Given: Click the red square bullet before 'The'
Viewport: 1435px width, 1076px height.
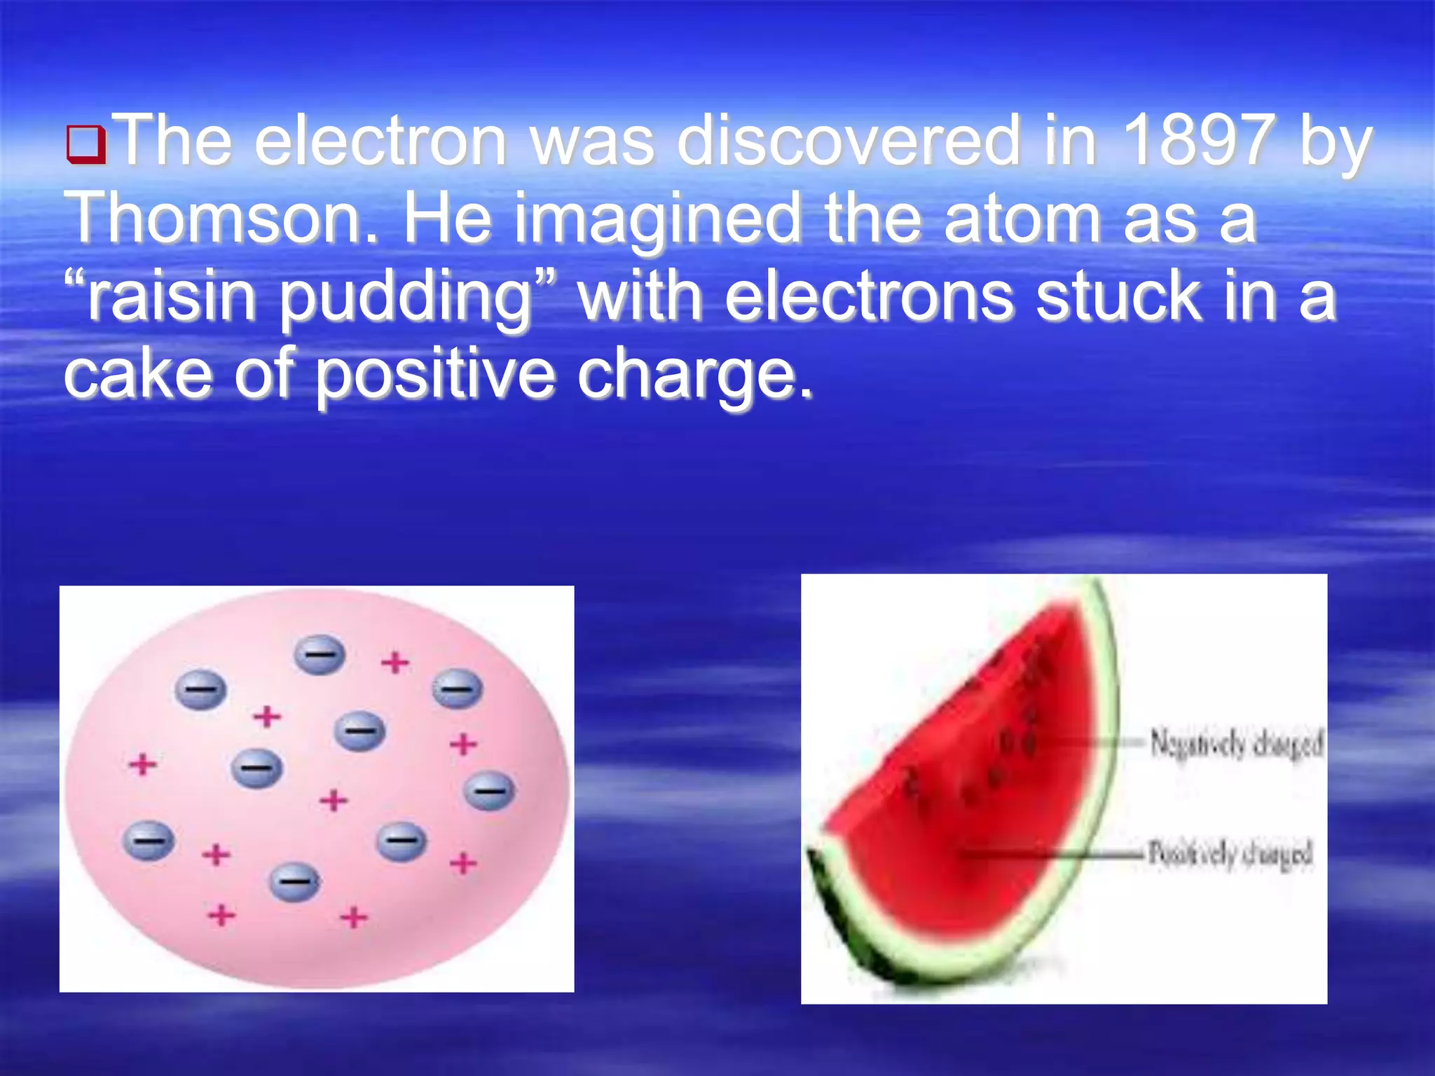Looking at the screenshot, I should tap(86, 144).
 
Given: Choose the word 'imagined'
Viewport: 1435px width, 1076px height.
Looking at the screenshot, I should tap(657, 221).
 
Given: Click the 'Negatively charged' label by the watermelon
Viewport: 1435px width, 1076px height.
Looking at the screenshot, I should tap(1236, 744).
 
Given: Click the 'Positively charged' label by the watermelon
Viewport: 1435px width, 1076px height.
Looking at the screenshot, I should tap(1230, 854).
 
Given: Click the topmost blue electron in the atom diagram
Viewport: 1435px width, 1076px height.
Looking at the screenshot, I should tap(320, 654).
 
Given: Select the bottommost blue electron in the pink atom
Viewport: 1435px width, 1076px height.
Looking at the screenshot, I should tap(295, 881).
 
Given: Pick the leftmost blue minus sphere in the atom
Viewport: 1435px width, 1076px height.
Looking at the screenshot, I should tap(148, 840).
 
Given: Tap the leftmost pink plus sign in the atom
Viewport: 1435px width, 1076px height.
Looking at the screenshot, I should tap(142, 764).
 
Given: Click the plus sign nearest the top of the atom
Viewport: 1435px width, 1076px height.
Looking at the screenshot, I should tap(395, 662).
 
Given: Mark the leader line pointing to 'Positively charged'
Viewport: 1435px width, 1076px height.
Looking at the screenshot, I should tap(1051, 854).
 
